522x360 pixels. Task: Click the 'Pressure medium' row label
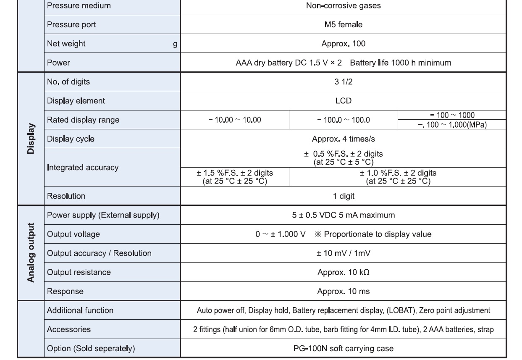point(79,6)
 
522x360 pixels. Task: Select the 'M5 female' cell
point(343,25)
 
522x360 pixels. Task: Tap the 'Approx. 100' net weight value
point(343,44)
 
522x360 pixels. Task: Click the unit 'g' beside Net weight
point(175,44)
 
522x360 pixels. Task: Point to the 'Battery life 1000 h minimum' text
point(400,63)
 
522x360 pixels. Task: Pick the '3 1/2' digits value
point(343,82)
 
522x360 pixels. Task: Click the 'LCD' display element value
point(343,101)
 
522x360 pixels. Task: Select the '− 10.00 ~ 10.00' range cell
point(235,120)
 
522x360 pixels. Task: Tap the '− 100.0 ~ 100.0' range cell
point(343,120)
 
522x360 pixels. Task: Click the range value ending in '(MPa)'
point(452,125)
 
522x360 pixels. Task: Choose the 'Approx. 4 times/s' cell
point(343,139)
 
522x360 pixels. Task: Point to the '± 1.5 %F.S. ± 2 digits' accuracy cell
point(235,177)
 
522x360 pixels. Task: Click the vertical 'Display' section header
point(31,139)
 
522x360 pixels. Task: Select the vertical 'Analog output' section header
point(31,253)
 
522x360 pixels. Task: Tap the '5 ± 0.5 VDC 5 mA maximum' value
point(343,215)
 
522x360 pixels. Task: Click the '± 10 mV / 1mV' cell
point(343,253)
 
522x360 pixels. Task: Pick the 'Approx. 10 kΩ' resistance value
point(343,272)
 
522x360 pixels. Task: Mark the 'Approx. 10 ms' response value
point(343,291)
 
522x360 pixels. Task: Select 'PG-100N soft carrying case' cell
point(343,348)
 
